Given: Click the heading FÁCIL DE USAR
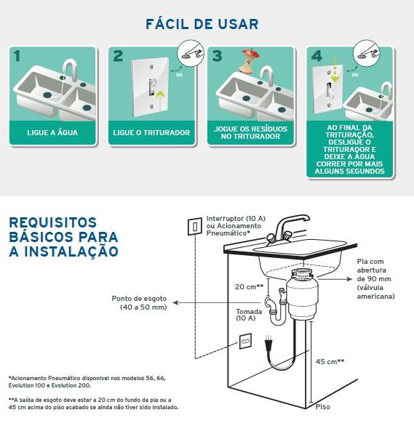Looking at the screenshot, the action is pos(202,24).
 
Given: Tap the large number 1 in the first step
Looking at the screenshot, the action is pos(17,56).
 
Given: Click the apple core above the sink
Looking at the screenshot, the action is pos(250,61).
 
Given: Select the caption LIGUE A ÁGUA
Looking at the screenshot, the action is pos(52,133).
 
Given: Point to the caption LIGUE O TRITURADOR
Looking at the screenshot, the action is pos(151,133).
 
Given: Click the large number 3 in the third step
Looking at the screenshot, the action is pos(217,56).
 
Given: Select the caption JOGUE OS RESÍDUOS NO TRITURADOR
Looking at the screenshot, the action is pos(250,132).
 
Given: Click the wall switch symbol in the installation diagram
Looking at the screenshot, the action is pos(195,226).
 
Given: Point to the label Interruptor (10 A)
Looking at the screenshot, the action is pos(236,218).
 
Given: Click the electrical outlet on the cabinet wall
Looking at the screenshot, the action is pos(245,342).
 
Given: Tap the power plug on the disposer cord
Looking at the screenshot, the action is pos(268,343).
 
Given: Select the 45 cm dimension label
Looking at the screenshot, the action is pos(330,361).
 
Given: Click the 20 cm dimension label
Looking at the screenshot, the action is pos(249,286).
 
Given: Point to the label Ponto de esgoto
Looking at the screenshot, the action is pos(139,299).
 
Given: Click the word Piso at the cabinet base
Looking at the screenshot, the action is pos(323,406).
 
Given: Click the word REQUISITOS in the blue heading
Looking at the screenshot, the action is pos(53,223).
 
